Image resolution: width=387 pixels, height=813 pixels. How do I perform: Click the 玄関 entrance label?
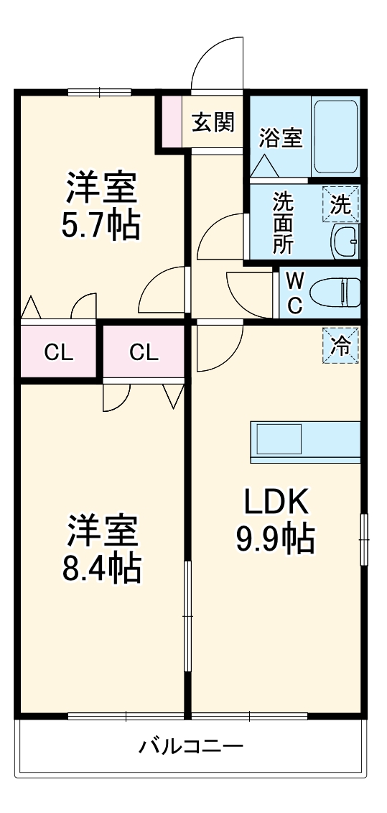pyautogui.click(x=213, y=122)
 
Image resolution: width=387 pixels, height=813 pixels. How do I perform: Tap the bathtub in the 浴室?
pyautogui.click(x=336, y=137)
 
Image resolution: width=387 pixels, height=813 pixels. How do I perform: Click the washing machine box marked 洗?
pyautogui.click(x=340, y=203)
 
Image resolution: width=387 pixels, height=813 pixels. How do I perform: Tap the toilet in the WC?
pyautogui.click(x=336, y=294)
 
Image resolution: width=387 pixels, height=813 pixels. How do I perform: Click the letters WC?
pyautogui.click(x=295, y=293)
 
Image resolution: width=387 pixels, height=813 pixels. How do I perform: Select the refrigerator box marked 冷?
pyautogui.click(x=340, y=346)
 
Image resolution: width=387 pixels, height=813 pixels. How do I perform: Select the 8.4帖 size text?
pyautogui.click(x=102, y=569)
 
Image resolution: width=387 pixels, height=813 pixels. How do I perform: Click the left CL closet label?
pyautogui.click(x=59, y=353)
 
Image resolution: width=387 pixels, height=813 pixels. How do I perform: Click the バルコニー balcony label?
pyautogui.click(x=191, y=746)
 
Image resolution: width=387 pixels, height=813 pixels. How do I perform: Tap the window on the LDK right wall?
pyautogui.click(x=364, y=540)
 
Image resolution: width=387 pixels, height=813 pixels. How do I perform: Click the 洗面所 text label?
pyautogui.click(x=283, y=222)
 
